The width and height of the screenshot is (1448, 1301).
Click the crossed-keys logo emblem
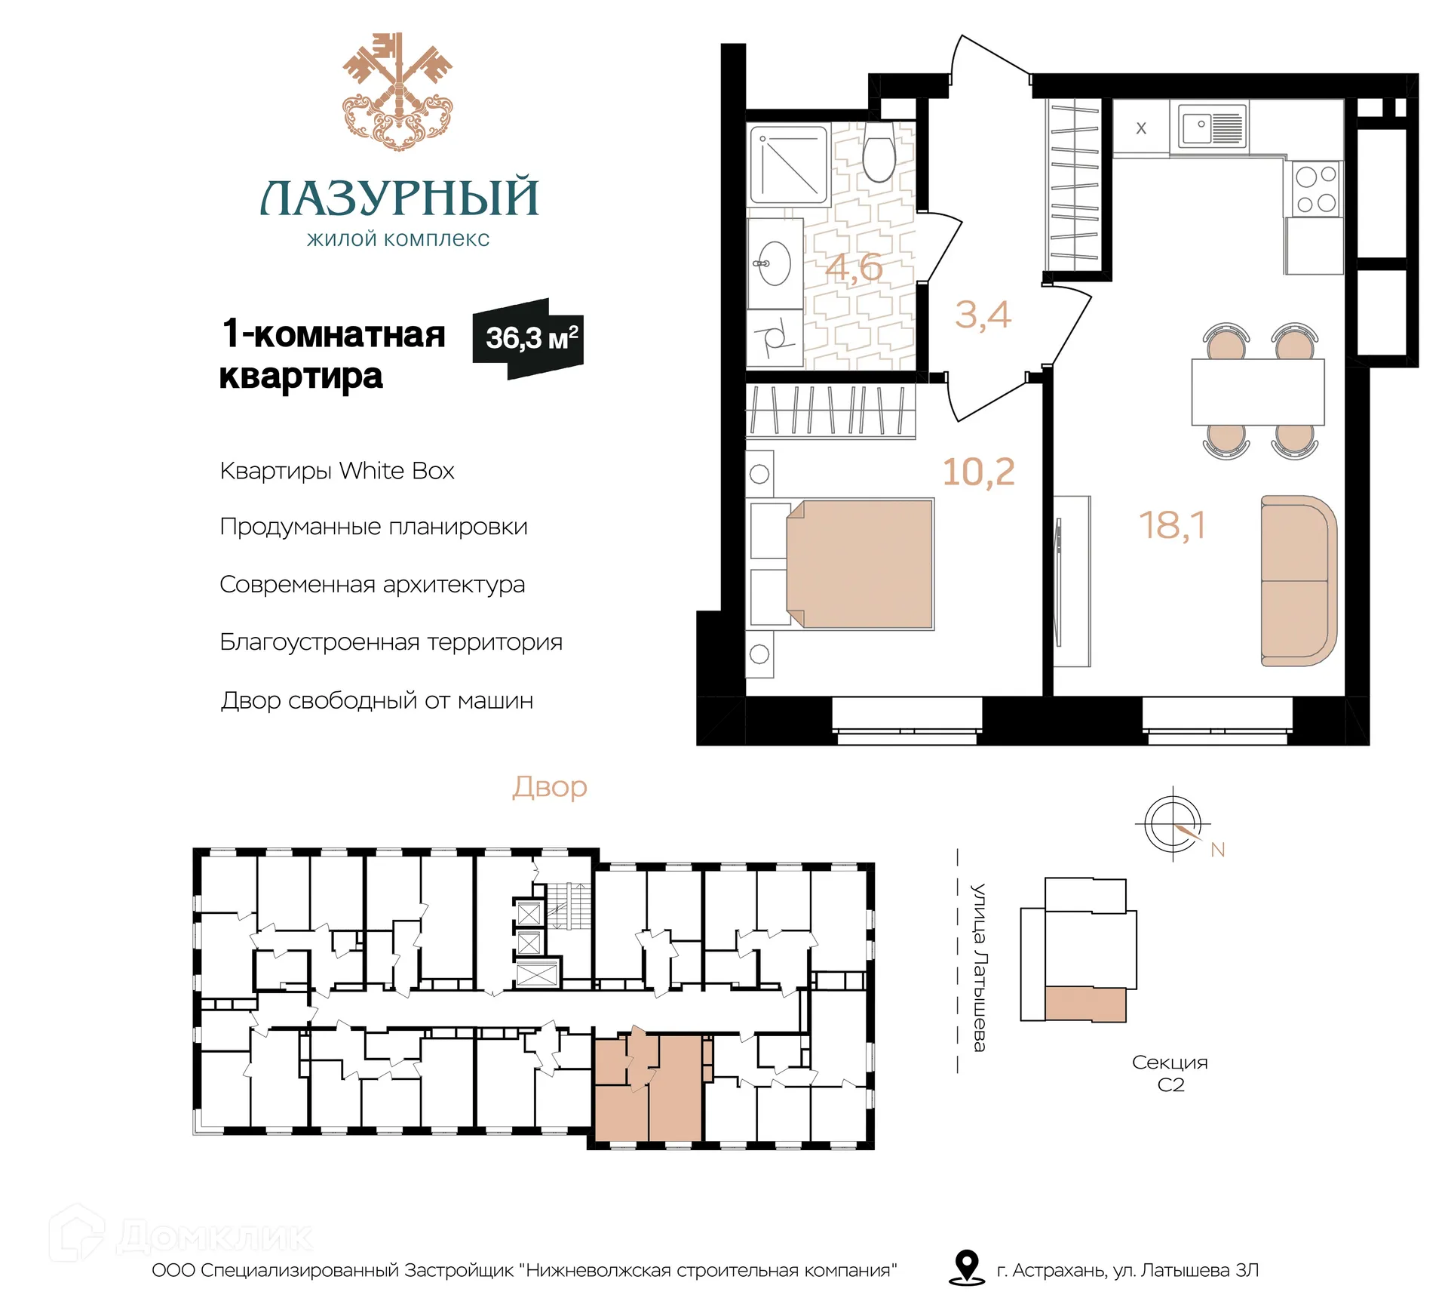pyautogui.click(x=397, y=91)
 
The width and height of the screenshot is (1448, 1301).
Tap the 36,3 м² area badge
pyautogui.click(x=528, y=338)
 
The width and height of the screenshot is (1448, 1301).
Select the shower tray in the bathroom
pyautogui.click(x=789, y=164)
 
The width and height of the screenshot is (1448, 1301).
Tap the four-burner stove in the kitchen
pyautogui.click(x=1315, y=189)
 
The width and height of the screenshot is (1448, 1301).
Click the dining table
pyautogui.click(x=1257, y=392)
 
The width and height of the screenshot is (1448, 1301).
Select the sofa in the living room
pyautogui.click(x=1298, y=580)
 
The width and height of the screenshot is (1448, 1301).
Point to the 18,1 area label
pyautogui.click(x=1172, y=525)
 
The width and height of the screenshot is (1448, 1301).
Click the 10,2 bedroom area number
pyautogui.click(x=978, y=472)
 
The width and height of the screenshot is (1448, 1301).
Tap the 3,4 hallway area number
pyautogui.click(x=982, y=315)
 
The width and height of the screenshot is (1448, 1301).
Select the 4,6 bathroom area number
pyautogui.click(x=854, y=266)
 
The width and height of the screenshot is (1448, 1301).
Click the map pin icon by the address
pyautogui.click(x=966, y=1267)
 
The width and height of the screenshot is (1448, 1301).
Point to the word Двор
pyautogui.click(x=549, y=788)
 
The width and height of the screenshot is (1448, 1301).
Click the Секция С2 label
pyautogui.click(x=1170, y=1073)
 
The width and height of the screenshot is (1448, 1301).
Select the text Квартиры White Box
pyautogui.click(x=337, y=471)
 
